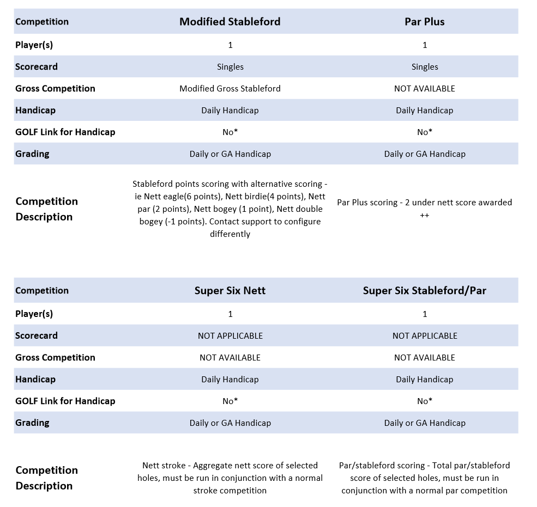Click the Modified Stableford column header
[230, 22]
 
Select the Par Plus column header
[424, 22]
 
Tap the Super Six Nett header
[230, 290]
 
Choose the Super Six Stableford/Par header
[424, 290]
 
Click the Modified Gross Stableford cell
[230, 88]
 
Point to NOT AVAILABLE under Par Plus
[424, 88]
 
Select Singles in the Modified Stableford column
[230, 66]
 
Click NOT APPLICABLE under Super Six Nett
[230, 335]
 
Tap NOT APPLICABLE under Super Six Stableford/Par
[424, 335]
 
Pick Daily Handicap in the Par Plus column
[424, 110]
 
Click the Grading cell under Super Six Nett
[230, 423]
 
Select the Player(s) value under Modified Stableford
[230, 45]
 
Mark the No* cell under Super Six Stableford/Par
[424, 401]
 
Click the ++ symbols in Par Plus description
[424, 215]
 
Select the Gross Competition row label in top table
[55, 88]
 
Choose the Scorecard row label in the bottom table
[37, 335]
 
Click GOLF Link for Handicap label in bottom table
[65, 401]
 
